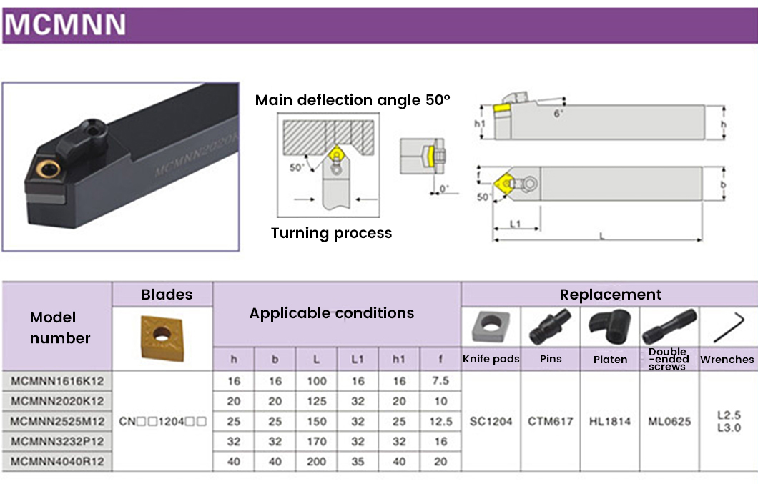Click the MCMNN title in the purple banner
[x=65, y=26]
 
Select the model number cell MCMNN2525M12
[x=57, y=421]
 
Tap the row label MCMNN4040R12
[x=57, y=461]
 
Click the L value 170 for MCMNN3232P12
[x=316, y=441]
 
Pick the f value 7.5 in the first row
[x=440, y=381]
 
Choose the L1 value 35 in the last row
[x=357, y=461]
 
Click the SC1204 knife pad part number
[x=491, y=421]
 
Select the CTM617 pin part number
[x=551, y=421]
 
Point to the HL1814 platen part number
[x=610, y=421]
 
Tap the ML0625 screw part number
[x=669, y=421]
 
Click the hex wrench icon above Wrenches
[x=728, y=326]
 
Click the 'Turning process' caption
[x=331, y=233]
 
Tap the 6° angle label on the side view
[x=559, y=114]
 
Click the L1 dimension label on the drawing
[x=515, y=224]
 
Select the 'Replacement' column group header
[x=610, y=295]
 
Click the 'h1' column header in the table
[x=398, y=359]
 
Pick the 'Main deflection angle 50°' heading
[x=353, y=100]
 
